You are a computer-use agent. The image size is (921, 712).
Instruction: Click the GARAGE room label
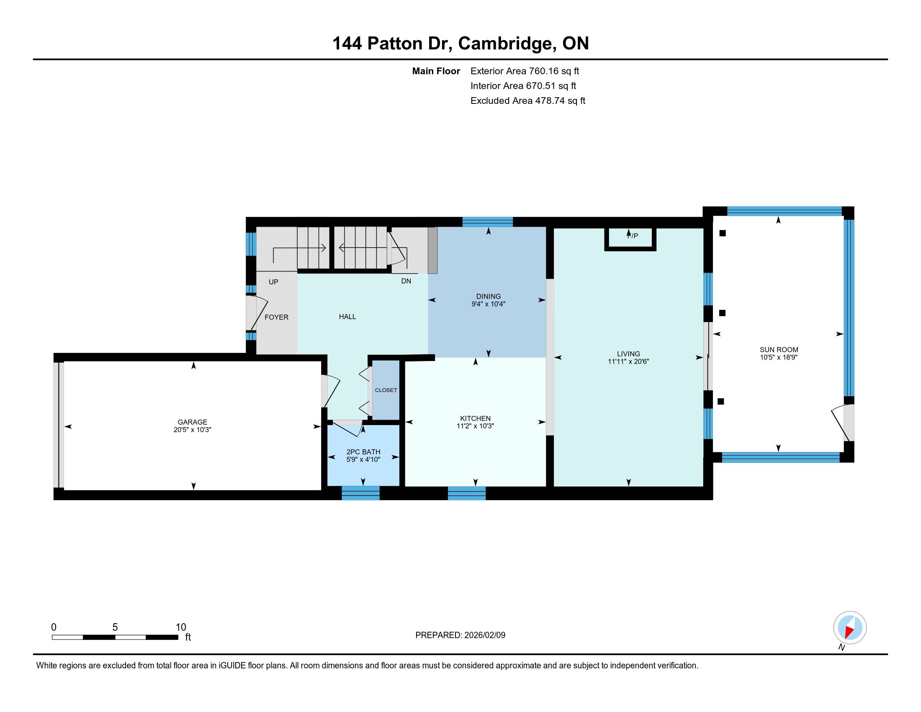click(x=192, y=422)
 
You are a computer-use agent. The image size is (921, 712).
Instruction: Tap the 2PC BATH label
click(x=363, y=452)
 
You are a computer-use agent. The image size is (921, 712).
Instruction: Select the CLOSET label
click(x=386, y=390)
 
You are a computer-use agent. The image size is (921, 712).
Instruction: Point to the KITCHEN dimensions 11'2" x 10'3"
click(x=475, y=426)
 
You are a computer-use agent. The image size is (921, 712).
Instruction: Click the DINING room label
click(x=488, y=296)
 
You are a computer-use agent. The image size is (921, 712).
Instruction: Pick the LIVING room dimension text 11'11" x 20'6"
click(x=628, y=361)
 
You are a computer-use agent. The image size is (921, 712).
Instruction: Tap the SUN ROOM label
click(x=779, y=349)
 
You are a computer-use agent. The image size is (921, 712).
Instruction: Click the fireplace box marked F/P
click(x=630, y=239)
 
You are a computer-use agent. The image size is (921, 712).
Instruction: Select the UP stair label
click(x=273, y=282)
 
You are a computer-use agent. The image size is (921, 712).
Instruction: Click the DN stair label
click(x=406, y=281)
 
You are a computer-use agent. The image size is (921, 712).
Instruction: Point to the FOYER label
click(x=277, y=317)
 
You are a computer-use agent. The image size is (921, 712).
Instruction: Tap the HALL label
click(x=347, y=317)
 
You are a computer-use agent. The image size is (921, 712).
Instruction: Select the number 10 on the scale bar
click(x=181, y=627)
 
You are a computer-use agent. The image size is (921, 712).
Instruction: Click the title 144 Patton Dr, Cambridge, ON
click(x=460, y=43)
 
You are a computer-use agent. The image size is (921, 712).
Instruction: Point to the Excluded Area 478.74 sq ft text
click(x=528, y=101)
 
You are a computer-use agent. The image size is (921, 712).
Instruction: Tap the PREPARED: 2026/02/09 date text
click(x=460, y=635)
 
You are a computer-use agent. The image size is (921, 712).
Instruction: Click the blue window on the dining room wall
click(x=487, y=222)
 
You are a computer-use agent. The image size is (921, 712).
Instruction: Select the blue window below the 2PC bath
click(x=360, y=493)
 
